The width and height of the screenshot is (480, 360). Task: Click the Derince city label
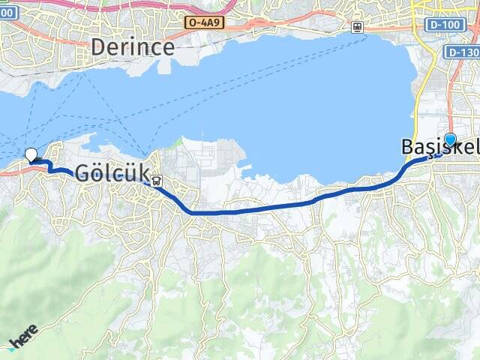point(133,47)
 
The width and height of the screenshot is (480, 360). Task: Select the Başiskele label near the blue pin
point(439,148)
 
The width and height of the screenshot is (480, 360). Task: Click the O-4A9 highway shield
point(205,23)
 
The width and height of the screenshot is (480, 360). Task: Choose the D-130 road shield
point(463,52)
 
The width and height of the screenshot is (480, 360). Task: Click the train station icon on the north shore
point(358,27)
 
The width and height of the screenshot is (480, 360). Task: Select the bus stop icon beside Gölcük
point(156,180)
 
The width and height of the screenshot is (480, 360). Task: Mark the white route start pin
point(31,155)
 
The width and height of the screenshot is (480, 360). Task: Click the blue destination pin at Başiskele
point(450,139)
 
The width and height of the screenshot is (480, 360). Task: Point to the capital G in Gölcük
point(82,173)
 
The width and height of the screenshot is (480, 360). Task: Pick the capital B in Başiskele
point(409,148)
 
